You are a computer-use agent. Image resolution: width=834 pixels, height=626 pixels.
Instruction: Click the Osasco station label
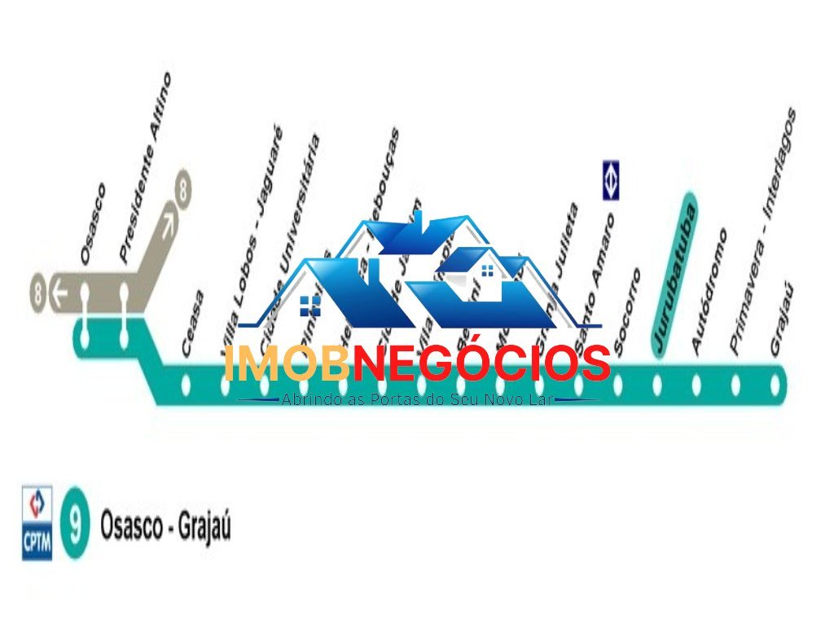click(x=93, y=223)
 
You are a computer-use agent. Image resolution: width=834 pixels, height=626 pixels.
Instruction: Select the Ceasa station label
click(x=193, y=324)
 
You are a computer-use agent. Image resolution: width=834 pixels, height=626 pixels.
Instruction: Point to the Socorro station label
click(x=627, y=312)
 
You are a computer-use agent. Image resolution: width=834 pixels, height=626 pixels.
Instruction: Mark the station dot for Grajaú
click(x=775, y=384)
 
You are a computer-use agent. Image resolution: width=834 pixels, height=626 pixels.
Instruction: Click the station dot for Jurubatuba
click(x=657, y=384)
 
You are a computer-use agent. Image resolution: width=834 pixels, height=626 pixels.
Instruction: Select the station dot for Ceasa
click(x=186, y=384)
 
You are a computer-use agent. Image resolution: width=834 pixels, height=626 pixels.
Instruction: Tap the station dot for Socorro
click(x=617, y=384)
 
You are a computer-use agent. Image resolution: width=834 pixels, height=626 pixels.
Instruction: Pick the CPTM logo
click(x=37, y=522)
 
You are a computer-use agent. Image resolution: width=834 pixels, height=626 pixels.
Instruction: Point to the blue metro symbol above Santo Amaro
click(x=612, y=180)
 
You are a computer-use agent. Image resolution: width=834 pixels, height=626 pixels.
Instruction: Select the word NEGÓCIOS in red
click(x=481, y=364)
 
